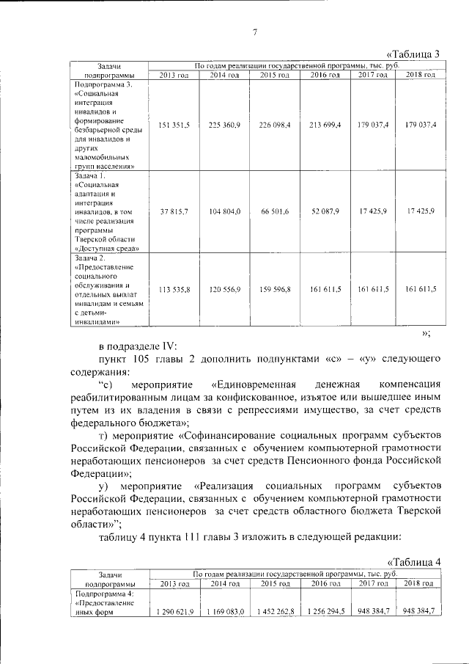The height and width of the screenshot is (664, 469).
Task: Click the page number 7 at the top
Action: pyautogui.click(x=254, y=32)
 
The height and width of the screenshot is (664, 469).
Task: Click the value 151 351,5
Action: pyautogui.click(x=174, y=125)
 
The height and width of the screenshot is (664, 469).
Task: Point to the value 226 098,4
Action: pyautogui.click(x=275, y=125)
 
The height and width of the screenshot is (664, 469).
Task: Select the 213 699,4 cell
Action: pyautogui.click(x=325, y=125)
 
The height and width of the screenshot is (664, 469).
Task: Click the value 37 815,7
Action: pyautogui.click(x=174, y=211)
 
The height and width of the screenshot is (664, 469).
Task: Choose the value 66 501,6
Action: pyautogui.click(x=275, y=211)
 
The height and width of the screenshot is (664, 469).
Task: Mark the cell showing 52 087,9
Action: pyautogui.click(x=325, y=211)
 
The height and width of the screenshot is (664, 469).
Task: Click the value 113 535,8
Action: pyautogui.click(x=174, y=290)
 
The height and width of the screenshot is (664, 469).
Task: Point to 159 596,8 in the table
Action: pyautogui.click(x=275, y=290)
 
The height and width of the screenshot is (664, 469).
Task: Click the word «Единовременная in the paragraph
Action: pyautogui.click(x=254, y=384)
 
